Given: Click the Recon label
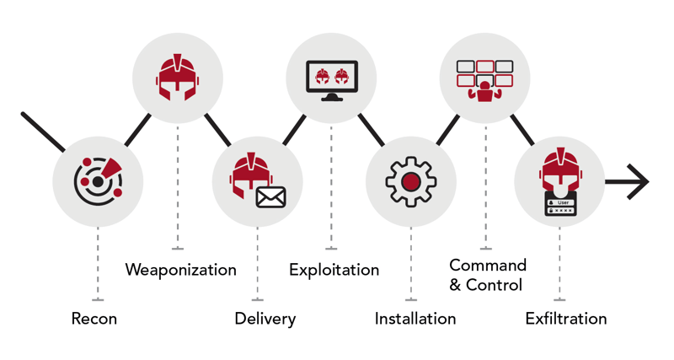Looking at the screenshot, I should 94,319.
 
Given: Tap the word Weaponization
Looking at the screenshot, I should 180,270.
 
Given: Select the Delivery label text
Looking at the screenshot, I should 265,319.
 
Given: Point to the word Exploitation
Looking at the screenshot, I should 334,270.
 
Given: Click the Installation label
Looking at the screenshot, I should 415,319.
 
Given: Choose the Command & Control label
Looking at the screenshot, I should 487,276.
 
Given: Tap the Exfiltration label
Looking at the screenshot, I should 565,319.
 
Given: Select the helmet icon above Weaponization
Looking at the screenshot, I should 177,78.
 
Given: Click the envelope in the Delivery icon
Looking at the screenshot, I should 270,197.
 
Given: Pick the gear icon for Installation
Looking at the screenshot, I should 410,182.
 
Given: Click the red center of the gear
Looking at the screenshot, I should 410,182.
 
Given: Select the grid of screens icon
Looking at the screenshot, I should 484,79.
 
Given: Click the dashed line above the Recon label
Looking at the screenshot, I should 98,261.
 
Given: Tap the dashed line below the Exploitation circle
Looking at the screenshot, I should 331,185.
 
